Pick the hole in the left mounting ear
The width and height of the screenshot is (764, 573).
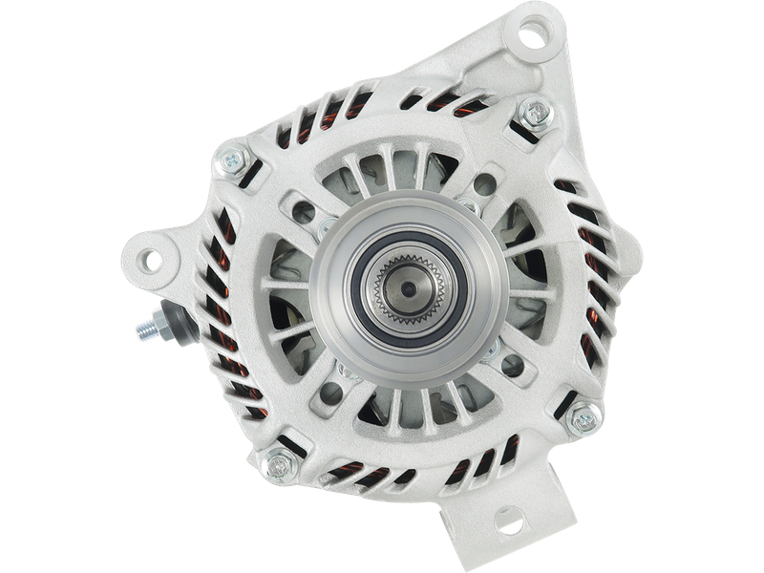(x=153, y=258)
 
